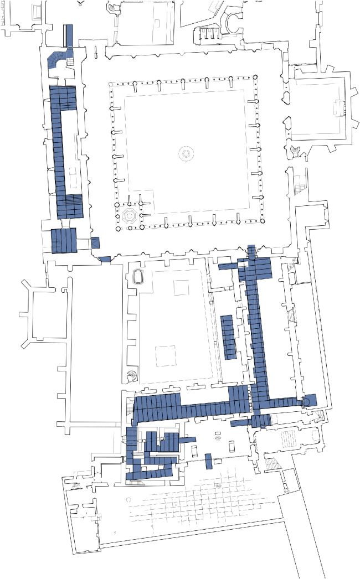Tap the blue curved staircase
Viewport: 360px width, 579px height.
coord(57,58)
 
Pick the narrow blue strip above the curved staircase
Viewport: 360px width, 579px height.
coord(69,35)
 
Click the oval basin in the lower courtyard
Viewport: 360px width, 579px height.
coord(138,278)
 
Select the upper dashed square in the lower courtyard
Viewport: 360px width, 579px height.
coord(181,288)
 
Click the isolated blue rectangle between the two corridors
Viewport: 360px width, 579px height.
coord(228,337)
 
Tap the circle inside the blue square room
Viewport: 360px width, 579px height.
coord(306,401)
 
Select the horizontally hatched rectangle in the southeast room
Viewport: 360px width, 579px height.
coord(289,441)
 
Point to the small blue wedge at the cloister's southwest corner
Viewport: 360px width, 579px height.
coord(104,259)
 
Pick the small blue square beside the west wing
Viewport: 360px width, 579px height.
coord(95,242)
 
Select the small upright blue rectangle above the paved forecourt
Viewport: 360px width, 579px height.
coord(208,461)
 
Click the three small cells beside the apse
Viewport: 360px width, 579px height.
coord(207,34)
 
